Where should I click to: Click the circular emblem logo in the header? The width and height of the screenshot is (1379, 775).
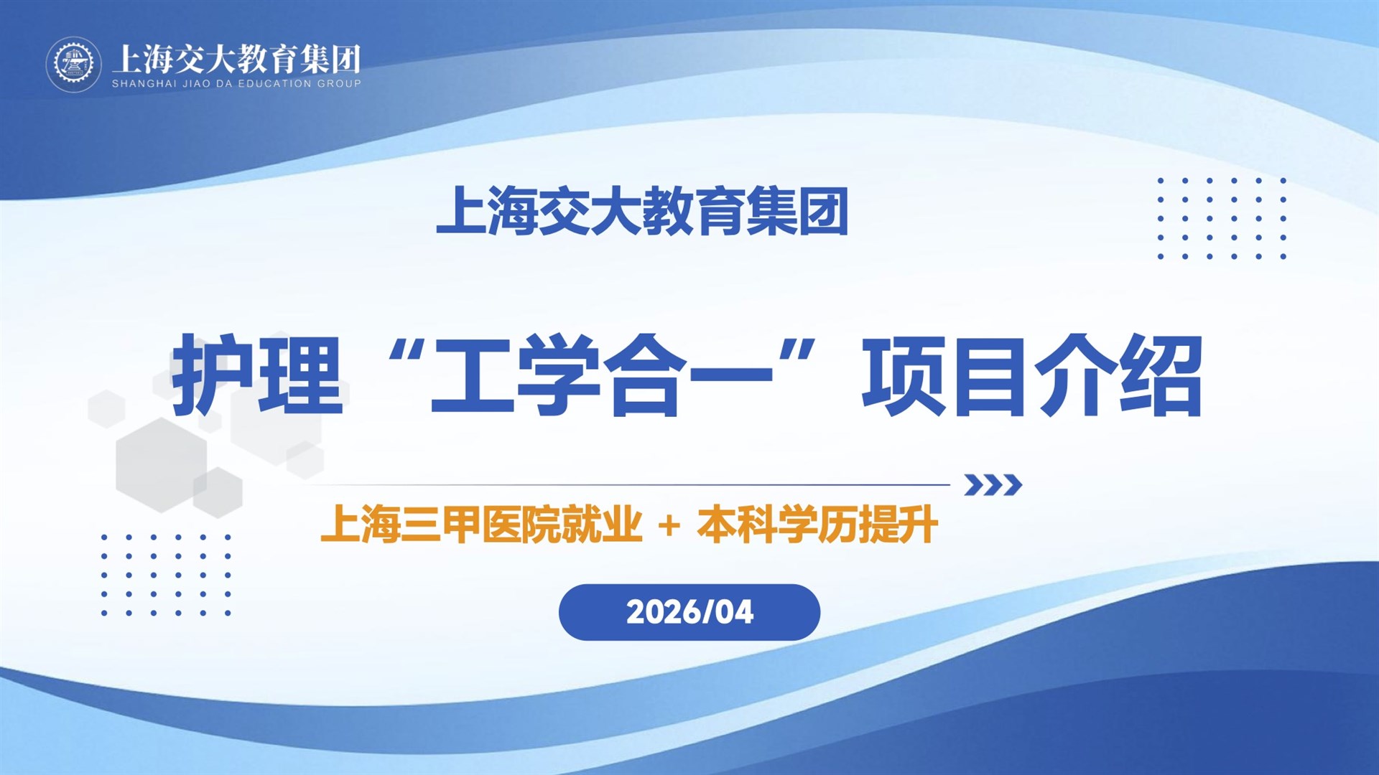pos(74,65)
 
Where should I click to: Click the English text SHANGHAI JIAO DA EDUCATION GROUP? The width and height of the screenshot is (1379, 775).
pos(236,83)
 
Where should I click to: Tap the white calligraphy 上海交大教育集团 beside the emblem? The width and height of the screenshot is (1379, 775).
pos(236,58)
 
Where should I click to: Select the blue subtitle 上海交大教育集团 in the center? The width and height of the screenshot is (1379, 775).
pos(642,211)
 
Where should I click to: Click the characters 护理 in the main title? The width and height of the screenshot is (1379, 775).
pos(257,375)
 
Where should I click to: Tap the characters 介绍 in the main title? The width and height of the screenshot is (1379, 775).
pos(1118,375)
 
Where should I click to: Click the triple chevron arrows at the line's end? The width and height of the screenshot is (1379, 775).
pos(993,485)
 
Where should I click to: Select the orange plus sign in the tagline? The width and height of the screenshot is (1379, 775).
pos(669,526)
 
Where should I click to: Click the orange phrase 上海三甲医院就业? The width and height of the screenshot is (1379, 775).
pos(481,524)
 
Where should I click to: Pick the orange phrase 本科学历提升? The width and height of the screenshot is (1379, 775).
pos(817,524)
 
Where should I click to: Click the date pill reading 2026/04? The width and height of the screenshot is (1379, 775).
pos(689,612)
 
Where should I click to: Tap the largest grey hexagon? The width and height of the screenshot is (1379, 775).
pos(162,465)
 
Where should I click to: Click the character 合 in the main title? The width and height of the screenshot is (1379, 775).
pos(645,375)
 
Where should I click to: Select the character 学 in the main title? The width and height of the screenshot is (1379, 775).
pos(559,375)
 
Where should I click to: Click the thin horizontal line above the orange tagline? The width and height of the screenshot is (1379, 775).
pos(629,485)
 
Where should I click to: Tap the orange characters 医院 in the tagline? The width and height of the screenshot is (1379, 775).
pos(521,524)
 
